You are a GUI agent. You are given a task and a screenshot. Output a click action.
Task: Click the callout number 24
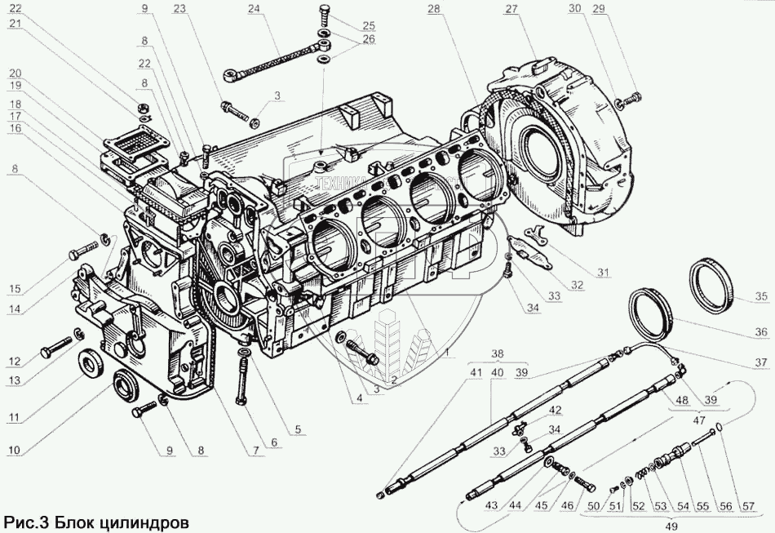pos(255,9)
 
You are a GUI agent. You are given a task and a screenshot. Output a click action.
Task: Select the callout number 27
pos(511,9)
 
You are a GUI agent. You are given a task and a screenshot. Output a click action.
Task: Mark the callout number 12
pos(15,362)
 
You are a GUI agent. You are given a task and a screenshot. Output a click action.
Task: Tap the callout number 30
pos(598,9)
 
